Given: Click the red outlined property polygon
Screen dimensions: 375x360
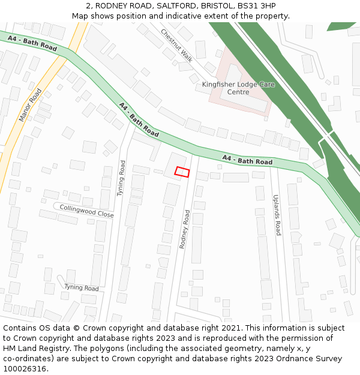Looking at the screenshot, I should tap(182, 172).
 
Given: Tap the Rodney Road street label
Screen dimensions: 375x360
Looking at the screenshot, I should tap(184, 229).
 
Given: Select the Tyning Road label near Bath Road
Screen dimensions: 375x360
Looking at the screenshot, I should tap(121, 178).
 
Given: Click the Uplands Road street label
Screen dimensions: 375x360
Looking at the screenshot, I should tap(277, 215).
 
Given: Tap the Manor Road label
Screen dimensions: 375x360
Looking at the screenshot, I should tap(31, 105).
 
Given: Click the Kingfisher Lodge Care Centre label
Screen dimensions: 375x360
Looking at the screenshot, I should tap(238, 88).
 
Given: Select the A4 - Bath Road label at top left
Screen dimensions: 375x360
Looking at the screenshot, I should tap(32, 43).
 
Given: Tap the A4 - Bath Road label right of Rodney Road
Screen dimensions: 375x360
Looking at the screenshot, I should tap(247, 160).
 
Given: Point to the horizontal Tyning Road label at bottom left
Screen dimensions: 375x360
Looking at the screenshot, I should tap(81, 288).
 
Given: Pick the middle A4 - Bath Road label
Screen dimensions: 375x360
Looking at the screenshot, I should tap(139, 119).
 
